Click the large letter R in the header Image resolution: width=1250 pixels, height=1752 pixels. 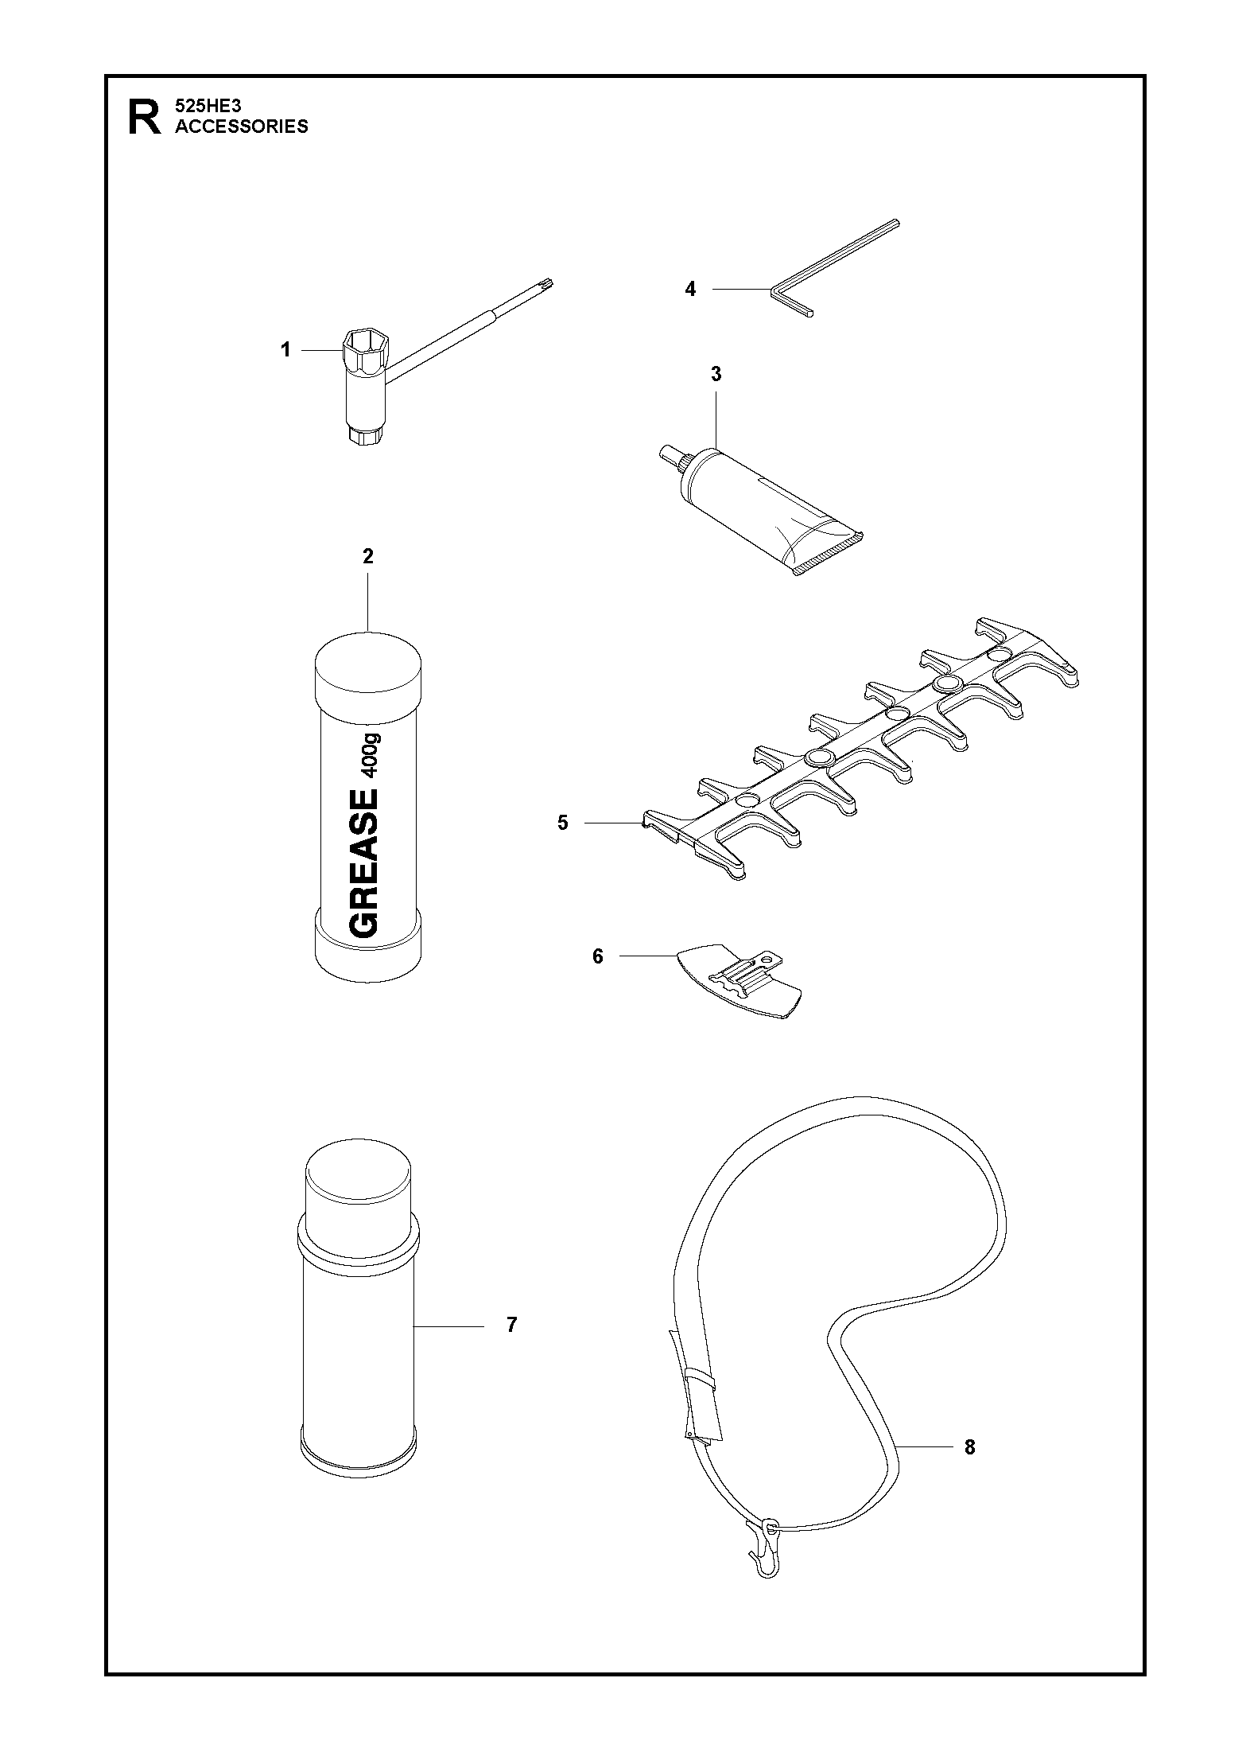point(144,117)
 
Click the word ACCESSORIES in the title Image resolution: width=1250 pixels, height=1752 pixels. point(242,127)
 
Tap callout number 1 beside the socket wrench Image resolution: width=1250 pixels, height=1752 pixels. point(285,350)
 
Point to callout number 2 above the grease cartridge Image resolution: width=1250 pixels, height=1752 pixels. point(367,557)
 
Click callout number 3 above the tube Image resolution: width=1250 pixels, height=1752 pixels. point(716,374)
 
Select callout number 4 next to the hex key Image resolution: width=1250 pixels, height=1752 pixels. point(690,290)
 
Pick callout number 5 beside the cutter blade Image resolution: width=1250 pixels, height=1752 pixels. point(563,823)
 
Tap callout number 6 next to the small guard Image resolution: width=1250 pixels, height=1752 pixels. point(598,956)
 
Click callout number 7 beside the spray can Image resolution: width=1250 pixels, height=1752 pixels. point(512,1325)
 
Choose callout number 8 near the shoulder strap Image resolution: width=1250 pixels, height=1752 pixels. point(969,1447)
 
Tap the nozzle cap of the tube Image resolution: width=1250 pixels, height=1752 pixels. point(671,462)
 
